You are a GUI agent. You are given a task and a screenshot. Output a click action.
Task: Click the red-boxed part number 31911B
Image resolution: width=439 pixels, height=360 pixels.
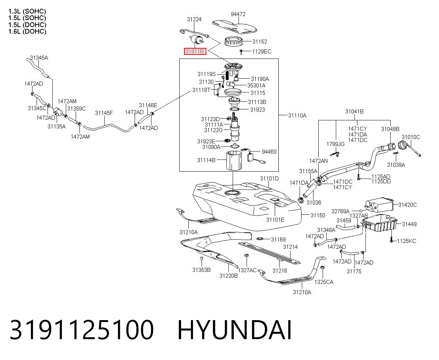click(x=195, y=52)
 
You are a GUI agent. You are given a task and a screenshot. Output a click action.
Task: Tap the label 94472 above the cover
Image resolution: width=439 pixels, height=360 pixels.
click(x=238, y=14)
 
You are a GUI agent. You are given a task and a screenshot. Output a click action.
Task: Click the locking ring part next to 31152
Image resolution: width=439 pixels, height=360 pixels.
click(x=234, y=41)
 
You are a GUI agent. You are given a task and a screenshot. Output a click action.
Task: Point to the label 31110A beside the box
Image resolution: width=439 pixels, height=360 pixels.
click(x=297, y=115)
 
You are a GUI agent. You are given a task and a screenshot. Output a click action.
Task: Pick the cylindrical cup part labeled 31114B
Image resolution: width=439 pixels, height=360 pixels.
click(x=234, y=161)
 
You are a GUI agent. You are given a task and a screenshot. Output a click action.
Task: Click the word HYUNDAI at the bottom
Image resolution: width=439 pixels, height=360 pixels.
click(x=234, y=330)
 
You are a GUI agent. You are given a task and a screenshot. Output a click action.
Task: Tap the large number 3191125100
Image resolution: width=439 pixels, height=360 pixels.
click(x=82, y=330)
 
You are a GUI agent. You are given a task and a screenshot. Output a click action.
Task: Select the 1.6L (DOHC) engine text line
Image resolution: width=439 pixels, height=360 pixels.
click(x=27, y=32)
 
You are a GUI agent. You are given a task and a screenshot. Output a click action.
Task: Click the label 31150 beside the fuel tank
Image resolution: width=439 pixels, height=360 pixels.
click(x=318, y=215)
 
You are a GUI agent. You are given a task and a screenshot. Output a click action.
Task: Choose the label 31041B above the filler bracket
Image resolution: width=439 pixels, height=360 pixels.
click(x=354, y=112)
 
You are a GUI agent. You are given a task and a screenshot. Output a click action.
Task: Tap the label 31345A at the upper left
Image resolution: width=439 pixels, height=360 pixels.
click(x=39, y=58)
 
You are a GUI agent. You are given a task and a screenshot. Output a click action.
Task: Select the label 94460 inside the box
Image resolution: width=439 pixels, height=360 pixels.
click(x=269, y=151)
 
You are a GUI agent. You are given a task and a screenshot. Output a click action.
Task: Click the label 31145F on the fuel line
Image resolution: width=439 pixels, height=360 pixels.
click(x=104, y=113)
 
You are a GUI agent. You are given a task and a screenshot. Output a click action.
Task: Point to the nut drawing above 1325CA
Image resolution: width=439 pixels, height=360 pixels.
click(x=322, y=267)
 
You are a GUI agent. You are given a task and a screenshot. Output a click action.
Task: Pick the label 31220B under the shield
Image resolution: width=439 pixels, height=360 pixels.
click(x=228, y=276)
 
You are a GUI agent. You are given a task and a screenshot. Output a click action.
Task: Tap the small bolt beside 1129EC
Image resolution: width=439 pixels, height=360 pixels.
click(x=241, y=52)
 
